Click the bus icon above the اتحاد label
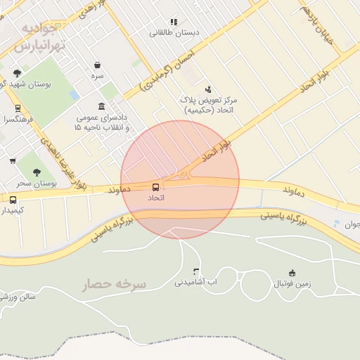pos(155,186)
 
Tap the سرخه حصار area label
pos(115,285)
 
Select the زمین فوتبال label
pos(291,284)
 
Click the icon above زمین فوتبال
pos(292,273)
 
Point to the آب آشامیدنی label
pos(195,283)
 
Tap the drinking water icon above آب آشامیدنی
pos(196,271)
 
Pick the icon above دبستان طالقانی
pos(174,22)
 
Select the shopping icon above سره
pos(97,65)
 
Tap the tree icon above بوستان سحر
pos(37,172)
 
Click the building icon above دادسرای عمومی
pos(103,106)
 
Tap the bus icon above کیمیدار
pos(13,200)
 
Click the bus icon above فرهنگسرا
pos(18,108)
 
